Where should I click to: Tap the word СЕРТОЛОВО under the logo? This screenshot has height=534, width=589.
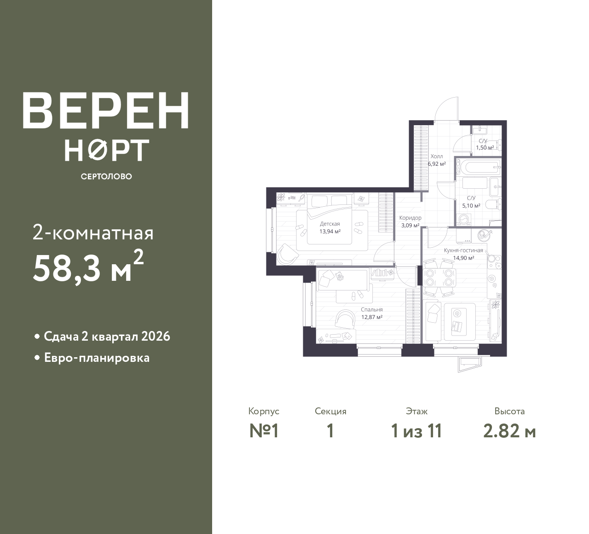coord(106,176)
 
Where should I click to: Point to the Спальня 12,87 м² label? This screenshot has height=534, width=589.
coord(372,313)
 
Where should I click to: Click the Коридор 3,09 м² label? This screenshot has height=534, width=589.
coord(410,221)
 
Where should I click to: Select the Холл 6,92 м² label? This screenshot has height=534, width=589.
coord(436,160)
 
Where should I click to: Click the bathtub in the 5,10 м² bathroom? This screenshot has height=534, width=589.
coord(477,166)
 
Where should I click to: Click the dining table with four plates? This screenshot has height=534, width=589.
coord(439,277)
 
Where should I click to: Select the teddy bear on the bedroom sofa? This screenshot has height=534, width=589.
coord(340,276)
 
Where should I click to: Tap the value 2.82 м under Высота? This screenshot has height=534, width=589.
coord(509,431)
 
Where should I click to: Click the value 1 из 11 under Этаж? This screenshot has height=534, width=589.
coord(416,431)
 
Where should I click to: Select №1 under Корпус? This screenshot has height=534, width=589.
coord(264,431)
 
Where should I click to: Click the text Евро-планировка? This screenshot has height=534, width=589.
coord(97,358)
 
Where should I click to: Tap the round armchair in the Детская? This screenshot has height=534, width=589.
coord(286,254)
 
